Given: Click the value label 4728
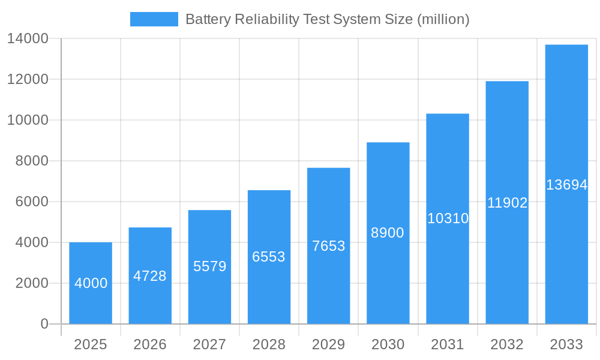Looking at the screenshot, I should (150, 276).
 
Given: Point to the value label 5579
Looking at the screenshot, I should (209, 266).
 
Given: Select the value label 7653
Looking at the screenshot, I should (328, 246).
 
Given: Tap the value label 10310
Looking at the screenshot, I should (448, 218).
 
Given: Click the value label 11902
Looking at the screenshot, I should (507, 203).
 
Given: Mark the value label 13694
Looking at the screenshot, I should (566, 185).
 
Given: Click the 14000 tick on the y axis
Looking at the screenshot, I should (28, 39).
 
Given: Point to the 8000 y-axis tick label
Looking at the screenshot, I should (31, 161).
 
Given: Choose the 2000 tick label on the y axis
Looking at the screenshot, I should (31, 283).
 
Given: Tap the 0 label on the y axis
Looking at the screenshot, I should (44, 324).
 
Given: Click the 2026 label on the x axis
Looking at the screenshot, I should (150, 344).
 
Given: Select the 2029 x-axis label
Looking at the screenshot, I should (328, 344).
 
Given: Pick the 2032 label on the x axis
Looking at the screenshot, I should (507, 344).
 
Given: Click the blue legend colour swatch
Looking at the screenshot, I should (154, 19).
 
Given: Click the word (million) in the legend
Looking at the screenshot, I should (443, 19).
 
